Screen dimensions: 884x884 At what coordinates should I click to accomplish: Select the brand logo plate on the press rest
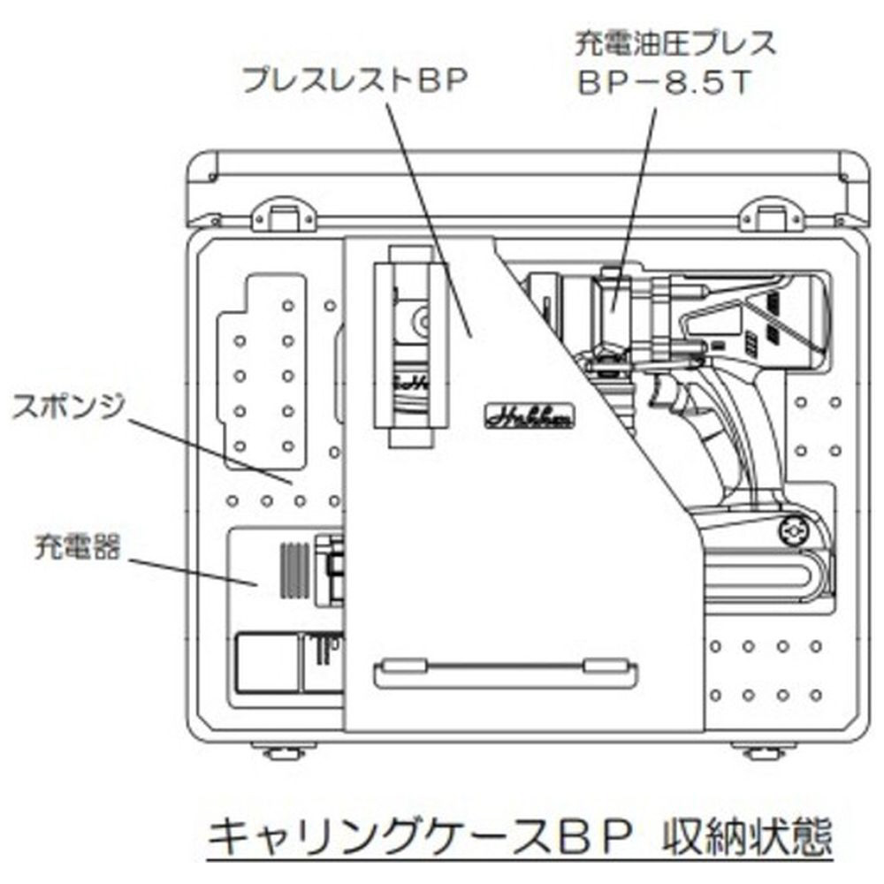pos(530,415)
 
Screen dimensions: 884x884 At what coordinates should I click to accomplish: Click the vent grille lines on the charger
pos(294,571)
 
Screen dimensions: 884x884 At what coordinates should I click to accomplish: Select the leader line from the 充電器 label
pos(190,570)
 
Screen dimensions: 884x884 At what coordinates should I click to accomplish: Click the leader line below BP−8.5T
pos(639,194)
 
